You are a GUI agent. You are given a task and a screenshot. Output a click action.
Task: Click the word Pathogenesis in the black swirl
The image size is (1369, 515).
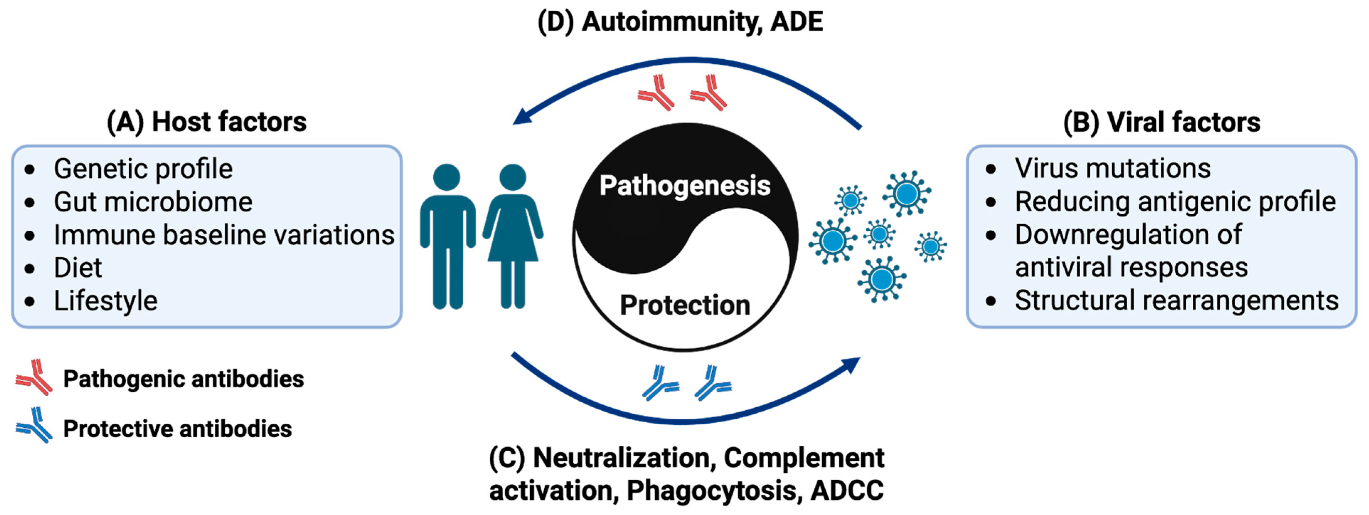point(685,186)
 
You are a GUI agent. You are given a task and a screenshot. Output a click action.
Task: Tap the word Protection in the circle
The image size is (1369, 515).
point(685,305)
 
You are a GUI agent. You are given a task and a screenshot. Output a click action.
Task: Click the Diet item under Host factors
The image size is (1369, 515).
point(77,267)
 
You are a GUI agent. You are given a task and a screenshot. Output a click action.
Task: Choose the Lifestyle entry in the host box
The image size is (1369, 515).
point(105,301)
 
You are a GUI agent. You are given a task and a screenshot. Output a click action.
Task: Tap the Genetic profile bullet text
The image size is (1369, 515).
point(143,169)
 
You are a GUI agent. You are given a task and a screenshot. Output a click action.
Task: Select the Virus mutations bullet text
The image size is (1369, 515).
point(1112,168)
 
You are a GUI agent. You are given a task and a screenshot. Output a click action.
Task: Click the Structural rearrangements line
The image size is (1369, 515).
point(1176,300)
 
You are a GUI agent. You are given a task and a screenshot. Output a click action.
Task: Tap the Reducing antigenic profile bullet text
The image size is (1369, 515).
point(1175,202)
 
